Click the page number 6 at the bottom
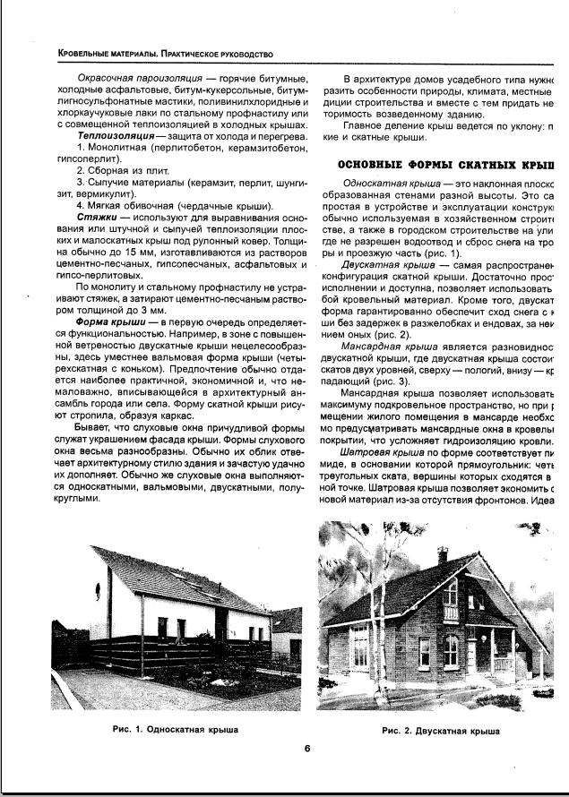point(306,750)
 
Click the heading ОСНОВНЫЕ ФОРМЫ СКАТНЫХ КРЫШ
point(443,167)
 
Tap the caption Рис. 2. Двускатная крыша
point(440,731)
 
